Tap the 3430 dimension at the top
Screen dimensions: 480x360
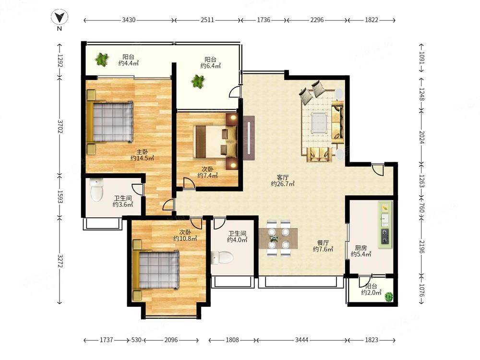pyautogui.click(x=129, y=20)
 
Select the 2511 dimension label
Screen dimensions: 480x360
pyautogui.click(x=207, y=20)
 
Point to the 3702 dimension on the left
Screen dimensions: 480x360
pyautogui.click(x=60, y=126)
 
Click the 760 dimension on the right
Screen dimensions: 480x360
pyautogui.click(x=421, y=207)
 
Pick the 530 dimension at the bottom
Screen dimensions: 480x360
pyautogui.click(x=136, y=340)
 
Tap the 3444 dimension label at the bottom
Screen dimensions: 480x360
pyautogui.click(x=301, y=340)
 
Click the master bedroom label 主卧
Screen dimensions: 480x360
pyautogui.click(x=143, y=152)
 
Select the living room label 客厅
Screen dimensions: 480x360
pyautogui.click(x=283, y=177)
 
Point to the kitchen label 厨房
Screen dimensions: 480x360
pyautogui.click(x=361, y=248)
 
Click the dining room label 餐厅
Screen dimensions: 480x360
pyautogui.click(x=323, y=243)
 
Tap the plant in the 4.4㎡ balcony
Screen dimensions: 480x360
pyautogui.click(x=102, y=60)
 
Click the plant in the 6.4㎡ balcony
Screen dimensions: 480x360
pyautogui.click(x=198, y=82)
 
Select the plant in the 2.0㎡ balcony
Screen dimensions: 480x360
pyautogui.click(x=388, y=297)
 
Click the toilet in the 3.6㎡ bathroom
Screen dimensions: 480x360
pyautogui.click(x=97, y=190)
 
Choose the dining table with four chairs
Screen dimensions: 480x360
pyautogui.click(x=278, y=238)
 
